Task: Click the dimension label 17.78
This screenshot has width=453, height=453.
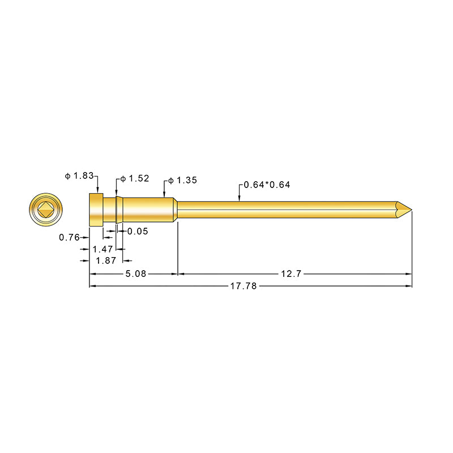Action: click(x=243, y=287)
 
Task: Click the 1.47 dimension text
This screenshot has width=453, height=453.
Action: click(x=102, y=249)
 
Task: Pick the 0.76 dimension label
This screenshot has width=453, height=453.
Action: click(x=69, y=237)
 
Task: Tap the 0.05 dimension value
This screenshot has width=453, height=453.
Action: click(x=138, y=231)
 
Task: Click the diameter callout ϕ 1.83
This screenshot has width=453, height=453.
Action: click(x=79, y=176)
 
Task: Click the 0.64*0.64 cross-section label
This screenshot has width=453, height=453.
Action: click(x=267, y=185)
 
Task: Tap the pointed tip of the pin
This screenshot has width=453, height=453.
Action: click(x=409, y=211)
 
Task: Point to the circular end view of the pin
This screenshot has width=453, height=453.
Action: click(x=45, y=211)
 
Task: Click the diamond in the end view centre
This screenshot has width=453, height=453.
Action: click(x=45, y=211)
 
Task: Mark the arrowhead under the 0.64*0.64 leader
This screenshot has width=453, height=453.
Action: click(x=240, y=198)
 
